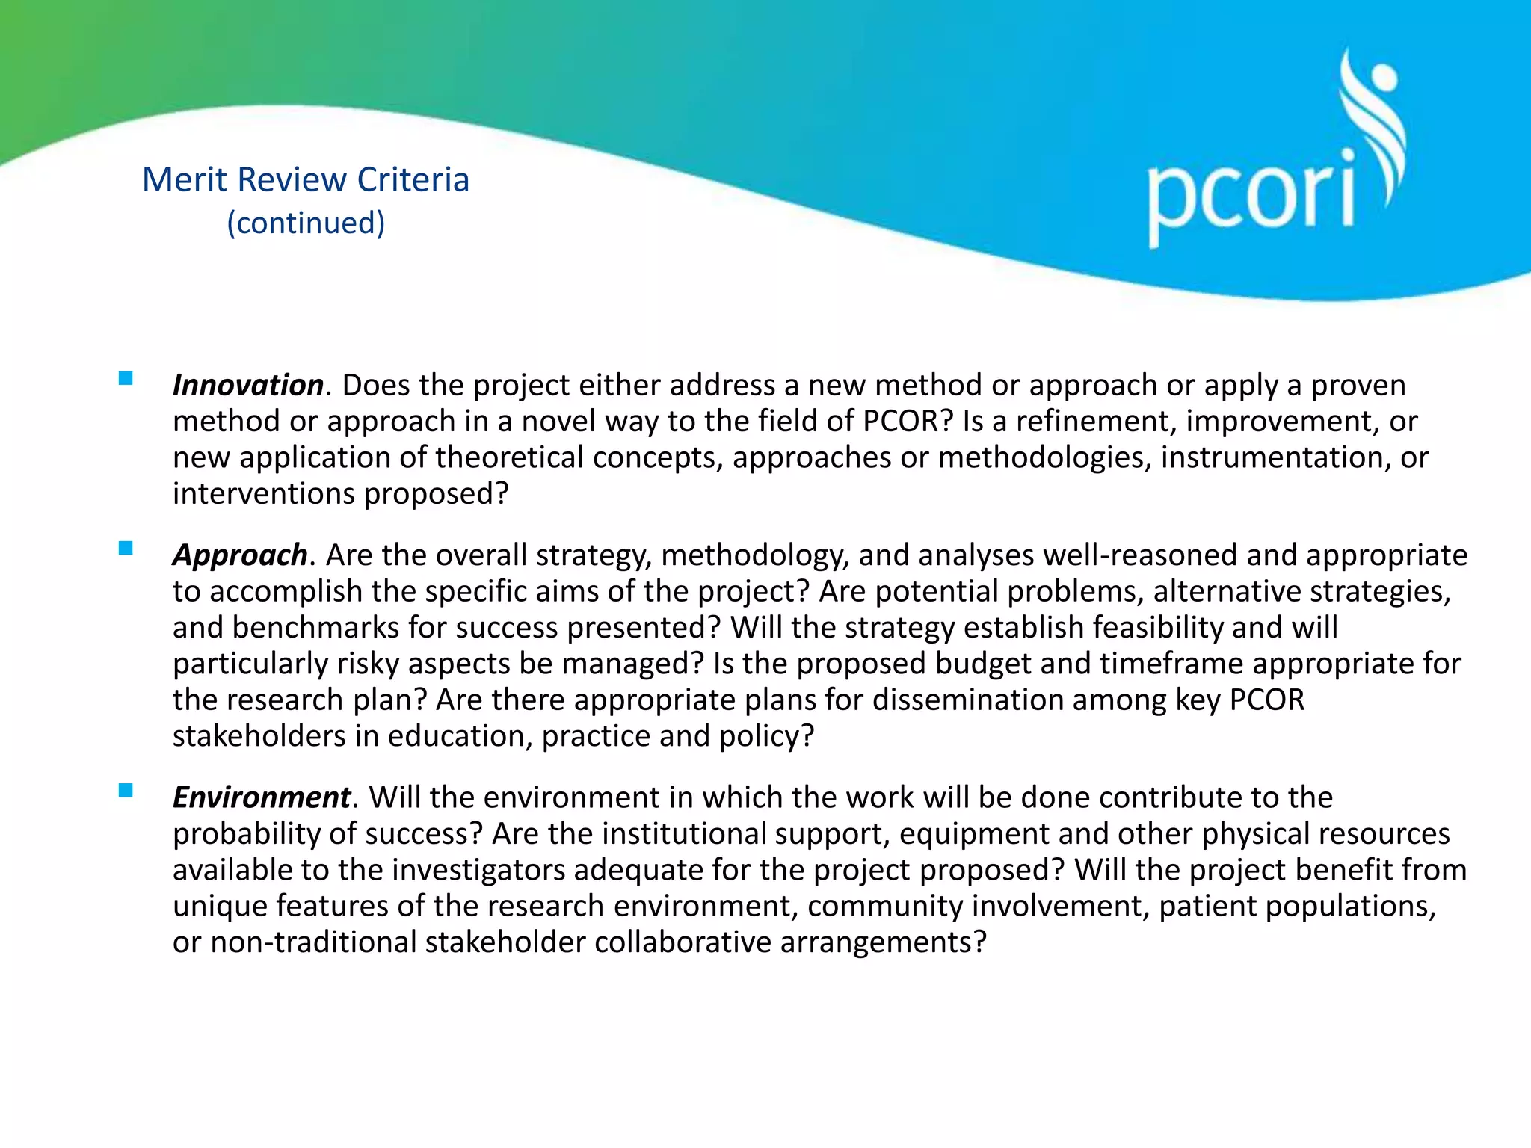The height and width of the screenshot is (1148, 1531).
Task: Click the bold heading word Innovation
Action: pyautogui.click(x=248, y=386)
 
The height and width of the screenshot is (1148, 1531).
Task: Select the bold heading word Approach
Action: pyautogui.click(x=240, y=555)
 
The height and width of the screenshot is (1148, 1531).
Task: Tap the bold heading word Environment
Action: pyautogui.click(x=262, y=797)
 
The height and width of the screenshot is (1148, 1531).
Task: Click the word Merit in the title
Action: pyautogui.click(x=184, y=180)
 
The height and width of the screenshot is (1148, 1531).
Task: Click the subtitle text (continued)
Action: pyautogui.click(x=306, y=223)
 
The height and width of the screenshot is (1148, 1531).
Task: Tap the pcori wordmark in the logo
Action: pyautogui.click(x=1250, y=196)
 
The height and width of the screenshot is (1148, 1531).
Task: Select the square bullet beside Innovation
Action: pyautogui.click(x=126, y=378)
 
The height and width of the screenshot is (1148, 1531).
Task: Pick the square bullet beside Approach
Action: pyautogui.click(x=126, y=549)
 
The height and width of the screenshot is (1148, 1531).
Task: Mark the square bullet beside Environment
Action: pyautogui.click(x=126, y=791)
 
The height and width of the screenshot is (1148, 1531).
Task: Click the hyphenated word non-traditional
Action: pyautogui.click(x=313, y=942)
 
